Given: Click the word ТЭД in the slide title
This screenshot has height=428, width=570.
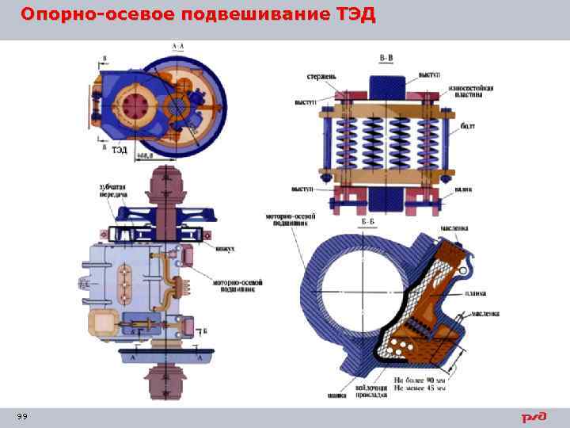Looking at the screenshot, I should pyautogui.click(x=351, y=15).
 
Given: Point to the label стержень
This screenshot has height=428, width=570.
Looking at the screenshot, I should pyautogui.click(x=322, y=77).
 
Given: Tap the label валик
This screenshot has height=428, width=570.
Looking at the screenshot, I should pyautogui.click(x=465, y=190).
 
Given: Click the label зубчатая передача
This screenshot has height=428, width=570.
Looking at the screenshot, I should pyautogui.click(x=114, y=189).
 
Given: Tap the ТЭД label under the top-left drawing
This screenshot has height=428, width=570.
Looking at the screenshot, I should pyautogui.click(x=119, y=149).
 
